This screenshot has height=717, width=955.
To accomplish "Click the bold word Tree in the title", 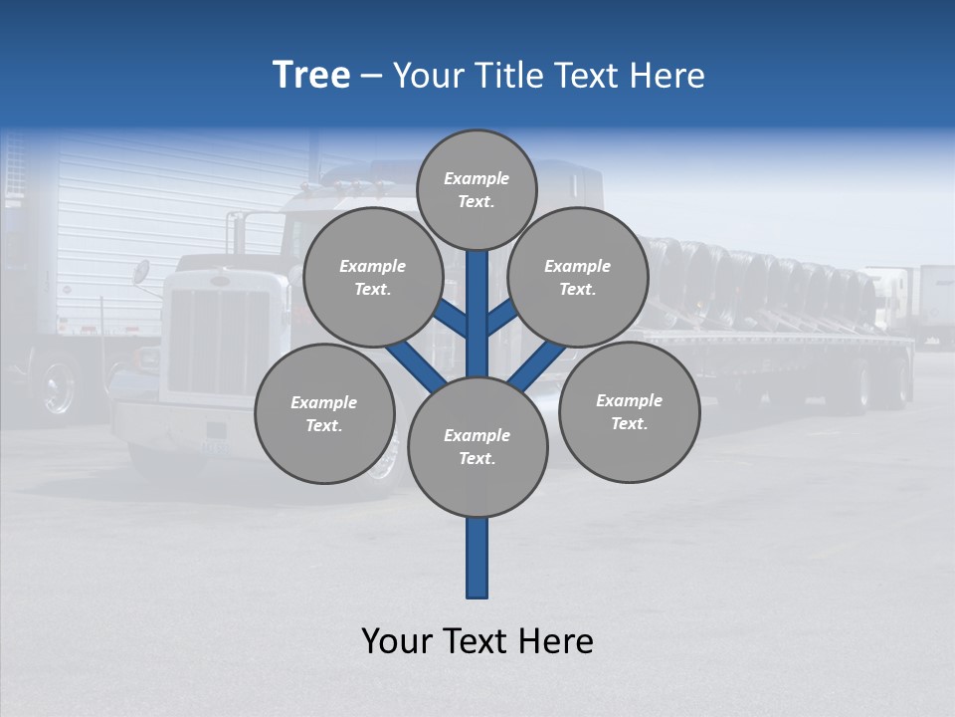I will [x=311, y=76].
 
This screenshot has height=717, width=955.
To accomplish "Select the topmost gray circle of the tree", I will [x=477, y=189].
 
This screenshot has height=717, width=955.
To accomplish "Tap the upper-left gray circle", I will [x=372, y=277].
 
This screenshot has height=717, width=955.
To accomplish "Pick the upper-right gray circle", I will [x=577, y=277].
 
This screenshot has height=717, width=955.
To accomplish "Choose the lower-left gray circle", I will [x=324, y=413].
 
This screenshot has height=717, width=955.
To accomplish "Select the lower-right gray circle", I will [x=629, y=411].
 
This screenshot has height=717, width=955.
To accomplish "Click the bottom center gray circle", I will [x=477, y=446].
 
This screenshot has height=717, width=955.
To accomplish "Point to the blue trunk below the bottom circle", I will [x=477, y=558].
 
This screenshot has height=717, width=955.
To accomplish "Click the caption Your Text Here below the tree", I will [x=477, y=641].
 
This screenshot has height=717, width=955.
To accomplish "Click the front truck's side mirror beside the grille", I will [x=141, y=272].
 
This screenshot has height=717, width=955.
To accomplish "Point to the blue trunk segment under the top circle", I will [x=477, y=289].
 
